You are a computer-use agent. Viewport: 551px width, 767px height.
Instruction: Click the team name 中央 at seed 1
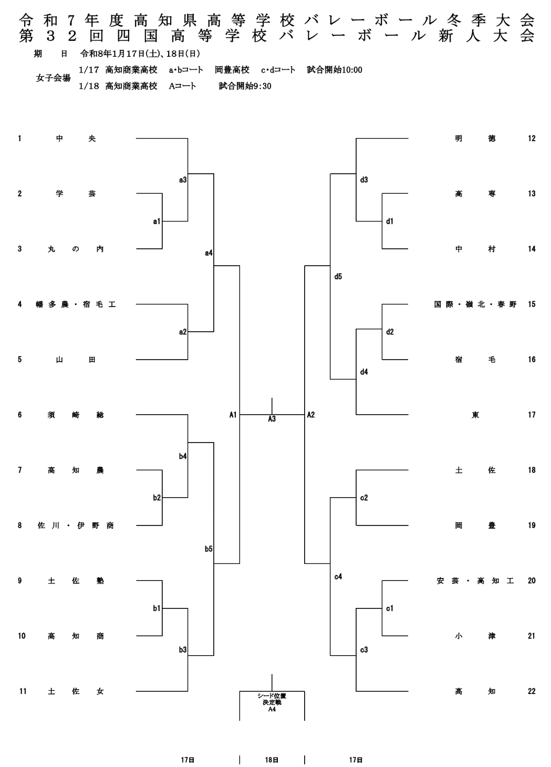tap(76, 139)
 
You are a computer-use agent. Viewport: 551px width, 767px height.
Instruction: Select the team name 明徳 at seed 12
tap(475, 139)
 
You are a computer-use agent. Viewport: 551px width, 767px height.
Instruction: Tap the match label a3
tap(182, 180)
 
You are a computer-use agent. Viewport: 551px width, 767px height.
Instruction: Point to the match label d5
tap(338, 277)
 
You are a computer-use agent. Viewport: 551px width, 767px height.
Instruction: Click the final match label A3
tap(272, 419)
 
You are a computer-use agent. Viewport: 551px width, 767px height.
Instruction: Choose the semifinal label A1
tap(233, 415)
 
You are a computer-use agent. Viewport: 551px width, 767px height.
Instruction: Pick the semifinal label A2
tap(311, 415)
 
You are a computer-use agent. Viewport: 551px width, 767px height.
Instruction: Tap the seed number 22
tap(532, 691)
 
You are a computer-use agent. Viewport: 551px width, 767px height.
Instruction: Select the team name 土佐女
tap(76, 691)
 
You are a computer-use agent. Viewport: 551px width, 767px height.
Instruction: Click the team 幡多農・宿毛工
tap(76, 304)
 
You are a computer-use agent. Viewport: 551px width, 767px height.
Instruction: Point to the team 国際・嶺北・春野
tap(475, 304)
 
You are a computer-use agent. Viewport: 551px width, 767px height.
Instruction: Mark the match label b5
tap(209, 549)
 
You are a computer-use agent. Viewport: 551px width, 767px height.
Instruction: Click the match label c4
tap(338, 577)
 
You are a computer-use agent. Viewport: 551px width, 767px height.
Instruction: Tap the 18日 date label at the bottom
tap(272, 760)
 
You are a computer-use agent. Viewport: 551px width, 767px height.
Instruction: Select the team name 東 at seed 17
tap(475, 415)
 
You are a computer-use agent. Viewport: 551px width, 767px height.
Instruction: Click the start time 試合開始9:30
tap(245, 86)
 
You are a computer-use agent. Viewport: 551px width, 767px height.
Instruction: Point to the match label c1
tap(389, 608)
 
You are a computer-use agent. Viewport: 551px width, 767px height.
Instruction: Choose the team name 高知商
tap(76, 636)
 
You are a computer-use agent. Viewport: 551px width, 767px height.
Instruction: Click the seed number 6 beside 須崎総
tap(19, 415)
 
